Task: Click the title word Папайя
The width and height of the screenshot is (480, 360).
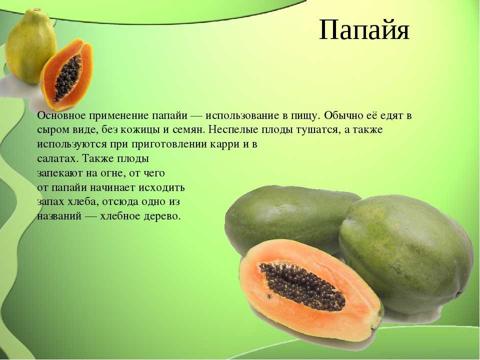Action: coord(364,30)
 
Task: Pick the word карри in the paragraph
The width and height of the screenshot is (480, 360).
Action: coord(225,144)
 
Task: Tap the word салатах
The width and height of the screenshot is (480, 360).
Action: coord(58,159)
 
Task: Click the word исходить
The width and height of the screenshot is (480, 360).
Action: coord(161,187)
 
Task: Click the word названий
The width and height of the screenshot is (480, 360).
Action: coord(59,216)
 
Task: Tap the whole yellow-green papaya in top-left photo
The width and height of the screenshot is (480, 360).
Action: coord(30,46)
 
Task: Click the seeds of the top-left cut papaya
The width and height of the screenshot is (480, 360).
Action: coord(68,78)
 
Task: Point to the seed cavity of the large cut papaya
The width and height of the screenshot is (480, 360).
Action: coord(302,286)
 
